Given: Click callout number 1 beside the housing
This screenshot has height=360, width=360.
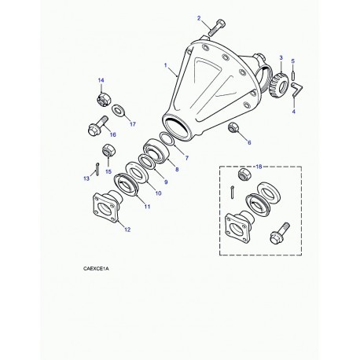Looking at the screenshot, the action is click(x=166, y=65).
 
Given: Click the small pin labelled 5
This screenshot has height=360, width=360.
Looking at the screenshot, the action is click(x=293, y=75).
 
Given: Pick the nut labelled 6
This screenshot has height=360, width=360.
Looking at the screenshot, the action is click(x=233, y=127).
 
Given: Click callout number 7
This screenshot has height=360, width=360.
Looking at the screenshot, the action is click(x=186, y=158).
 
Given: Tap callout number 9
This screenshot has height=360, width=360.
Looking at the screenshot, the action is click(x=166, y=182).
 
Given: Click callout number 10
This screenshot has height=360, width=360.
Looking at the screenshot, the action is click(x=158, y=193).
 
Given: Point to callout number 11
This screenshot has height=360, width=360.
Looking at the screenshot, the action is click(x=147, y=207).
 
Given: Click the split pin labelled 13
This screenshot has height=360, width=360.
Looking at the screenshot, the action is click(x=97, y=169).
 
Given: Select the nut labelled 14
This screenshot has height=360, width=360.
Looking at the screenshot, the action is click(x=103, y=99).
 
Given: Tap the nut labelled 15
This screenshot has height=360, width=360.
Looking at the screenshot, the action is click(x=107, y=150).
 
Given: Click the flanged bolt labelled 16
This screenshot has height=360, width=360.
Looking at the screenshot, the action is click(x=98, y=126).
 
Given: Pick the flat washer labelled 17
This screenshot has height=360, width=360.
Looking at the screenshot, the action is click(x=117, y=110).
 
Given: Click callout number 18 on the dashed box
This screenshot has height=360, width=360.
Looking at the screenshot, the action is click(x=259, y=167).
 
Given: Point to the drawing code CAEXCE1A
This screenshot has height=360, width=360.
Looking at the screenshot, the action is click(x=96, y=269).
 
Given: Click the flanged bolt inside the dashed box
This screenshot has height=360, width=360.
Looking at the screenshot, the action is click(x=280, y=233).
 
